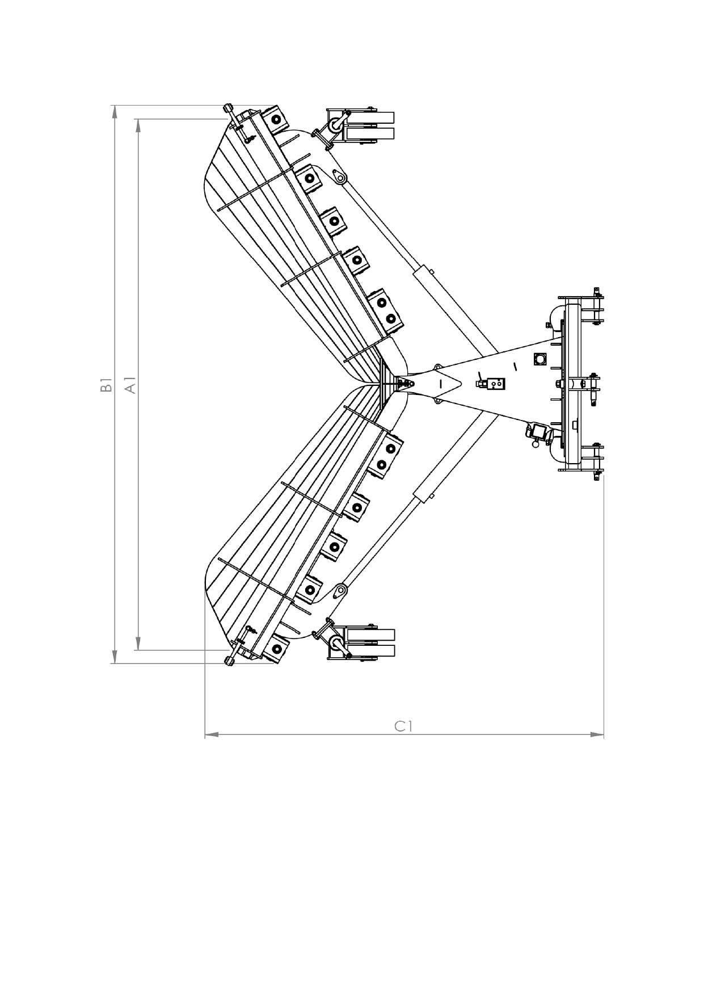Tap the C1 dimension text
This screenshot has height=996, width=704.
(403, 726)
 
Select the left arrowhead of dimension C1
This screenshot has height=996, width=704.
(211, 735)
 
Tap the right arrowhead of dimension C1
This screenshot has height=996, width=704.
(597, 735)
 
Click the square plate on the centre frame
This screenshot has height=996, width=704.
(539, 359)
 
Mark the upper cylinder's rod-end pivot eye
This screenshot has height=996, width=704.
(340, 178)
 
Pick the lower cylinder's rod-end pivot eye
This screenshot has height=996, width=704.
(340, 591)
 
